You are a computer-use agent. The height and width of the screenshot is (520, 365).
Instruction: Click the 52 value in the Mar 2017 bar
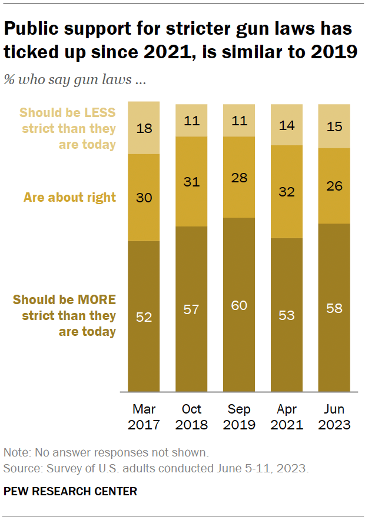pyautogui.click(x=144, y=317)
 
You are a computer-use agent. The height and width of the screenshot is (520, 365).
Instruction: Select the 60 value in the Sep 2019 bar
pyautogui.click(x=239, y=305)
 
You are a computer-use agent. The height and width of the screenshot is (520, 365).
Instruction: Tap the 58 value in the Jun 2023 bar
pyautogui.click(x=334, y=308)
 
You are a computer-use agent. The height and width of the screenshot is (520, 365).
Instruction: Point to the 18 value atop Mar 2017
pyautogui.click(x=144, y=128)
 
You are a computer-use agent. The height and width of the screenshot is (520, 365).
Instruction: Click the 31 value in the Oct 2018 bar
pyautogui.click(x=191, y=182)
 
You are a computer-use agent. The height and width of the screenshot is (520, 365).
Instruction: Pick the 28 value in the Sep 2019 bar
pyautogui.click(x=239, y=178)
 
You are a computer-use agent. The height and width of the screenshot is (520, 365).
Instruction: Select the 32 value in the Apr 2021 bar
pyautogui.click(x=287, y=192)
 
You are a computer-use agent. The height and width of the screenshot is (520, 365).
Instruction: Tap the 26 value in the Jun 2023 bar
pyautogui.click(x=334, y=186)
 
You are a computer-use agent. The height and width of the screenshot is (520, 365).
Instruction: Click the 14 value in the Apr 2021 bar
pyautogui.click(x=287, y=125)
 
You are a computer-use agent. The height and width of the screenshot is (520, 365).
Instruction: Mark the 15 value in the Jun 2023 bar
pyautogui.click(x=334, y=126)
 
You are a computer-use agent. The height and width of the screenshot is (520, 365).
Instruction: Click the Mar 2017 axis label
pyautogui.click(x=144, y=416)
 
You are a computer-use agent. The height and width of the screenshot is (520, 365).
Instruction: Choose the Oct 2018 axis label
pyautogui.click(x=191, y=416)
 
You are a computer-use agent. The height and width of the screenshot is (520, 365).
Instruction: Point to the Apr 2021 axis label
pyautogui.click(x=287, y=416)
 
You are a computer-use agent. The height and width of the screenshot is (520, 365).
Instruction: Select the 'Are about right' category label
pyautogui.click(x=69, y=198)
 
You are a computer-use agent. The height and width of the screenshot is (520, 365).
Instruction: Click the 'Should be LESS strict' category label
pyautogui.click(x=68, y=128)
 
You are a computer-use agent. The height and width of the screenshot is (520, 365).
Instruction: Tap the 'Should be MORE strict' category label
pyautogui.click(x=65, y=315)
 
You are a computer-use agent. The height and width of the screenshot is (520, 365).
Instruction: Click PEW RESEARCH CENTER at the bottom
pyautogui.click(x=70, y=491)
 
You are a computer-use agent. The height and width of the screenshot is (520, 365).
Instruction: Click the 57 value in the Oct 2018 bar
pyautogui.click(x=191, y=309)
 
